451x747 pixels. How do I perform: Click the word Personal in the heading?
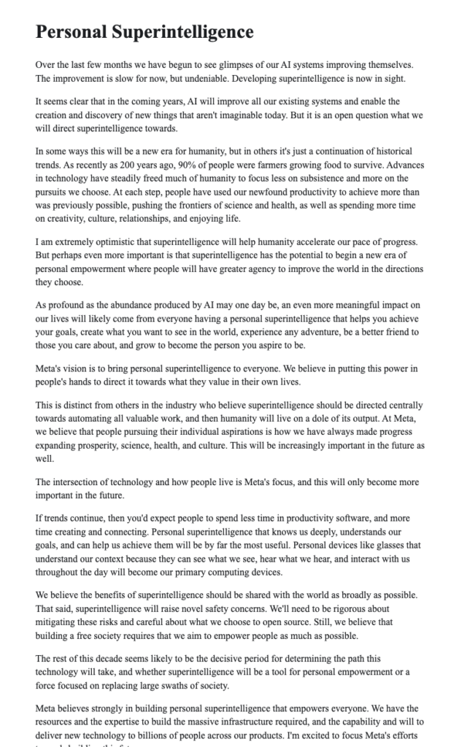72,32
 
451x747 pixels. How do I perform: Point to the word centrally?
401,405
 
